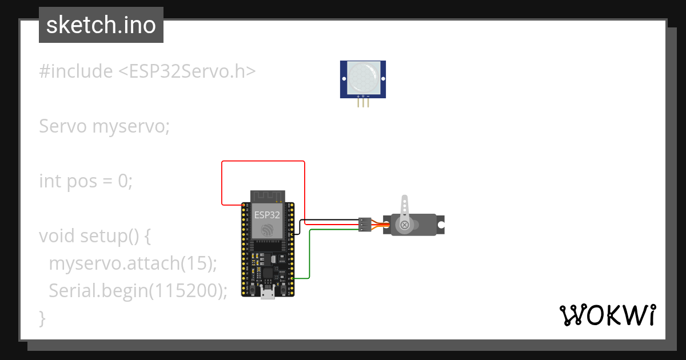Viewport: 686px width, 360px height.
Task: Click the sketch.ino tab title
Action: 101,25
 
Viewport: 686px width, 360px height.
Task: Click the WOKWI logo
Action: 607,315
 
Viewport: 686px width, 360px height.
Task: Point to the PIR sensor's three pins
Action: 363,102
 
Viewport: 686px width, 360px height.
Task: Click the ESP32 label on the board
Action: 268,215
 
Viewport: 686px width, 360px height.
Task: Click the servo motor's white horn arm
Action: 405,211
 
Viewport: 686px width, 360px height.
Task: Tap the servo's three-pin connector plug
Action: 364,224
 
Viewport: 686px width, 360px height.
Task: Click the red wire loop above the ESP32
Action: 263,162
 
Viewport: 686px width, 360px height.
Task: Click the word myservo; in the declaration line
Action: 131,126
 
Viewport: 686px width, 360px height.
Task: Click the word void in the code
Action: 57,236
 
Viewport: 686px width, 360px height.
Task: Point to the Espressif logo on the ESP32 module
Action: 268,230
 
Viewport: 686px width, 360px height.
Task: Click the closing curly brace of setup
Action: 42,318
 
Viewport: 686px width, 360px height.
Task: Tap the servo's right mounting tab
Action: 441,225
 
